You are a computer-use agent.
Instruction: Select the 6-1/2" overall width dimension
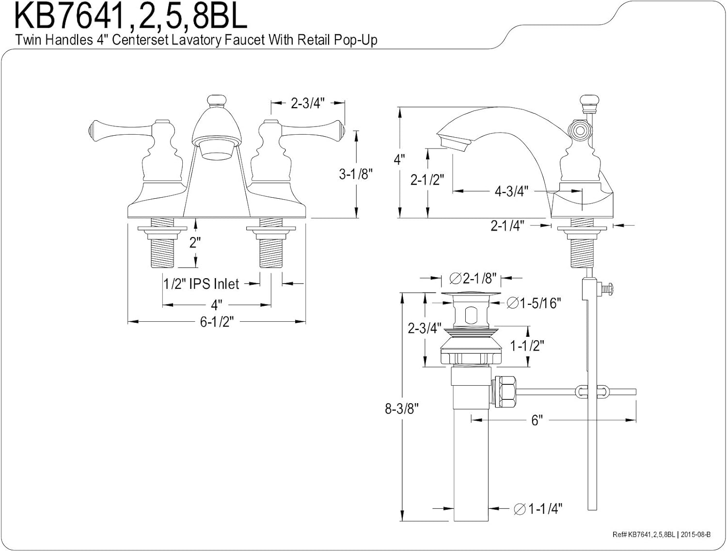[x=217, y=321]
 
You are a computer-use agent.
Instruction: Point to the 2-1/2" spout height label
[x=427, y=179]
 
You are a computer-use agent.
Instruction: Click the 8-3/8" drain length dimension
[x=401, y=409]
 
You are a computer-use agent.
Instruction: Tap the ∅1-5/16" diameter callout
[x=534, y=303]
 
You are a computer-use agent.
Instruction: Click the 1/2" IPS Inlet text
[x=201, y=284]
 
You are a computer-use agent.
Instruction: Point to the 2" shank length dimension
[x=195, y=242]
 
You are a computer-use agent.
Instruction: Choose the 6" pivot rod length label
[x=536, y=420]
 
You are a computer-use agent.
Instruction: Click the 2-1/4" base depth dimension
[x=507, y=226]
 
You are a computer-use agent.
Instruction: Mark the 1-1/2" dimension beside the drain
[x=527, y=346]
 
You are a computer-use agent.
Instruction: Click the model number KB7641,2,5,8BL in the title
[x=131, y=16]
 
